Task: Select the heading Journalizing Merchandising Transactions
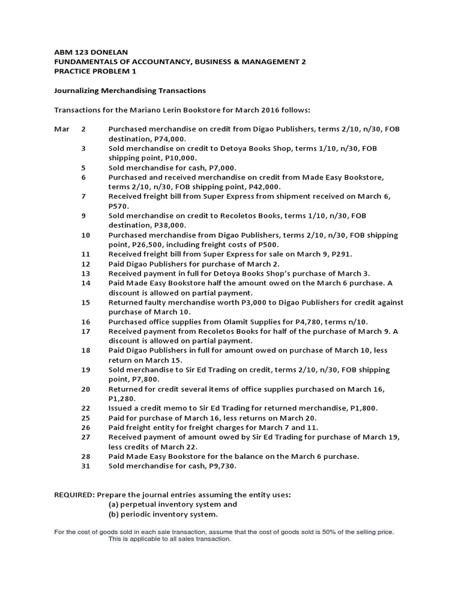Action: coord(130,90)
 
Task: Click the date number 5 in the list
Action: coord(83,168)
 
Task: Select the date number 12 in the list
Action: coord(85,264)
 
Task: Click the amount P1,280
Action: coord(121,398)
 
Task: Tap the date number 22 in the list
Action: coord(85,408)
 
